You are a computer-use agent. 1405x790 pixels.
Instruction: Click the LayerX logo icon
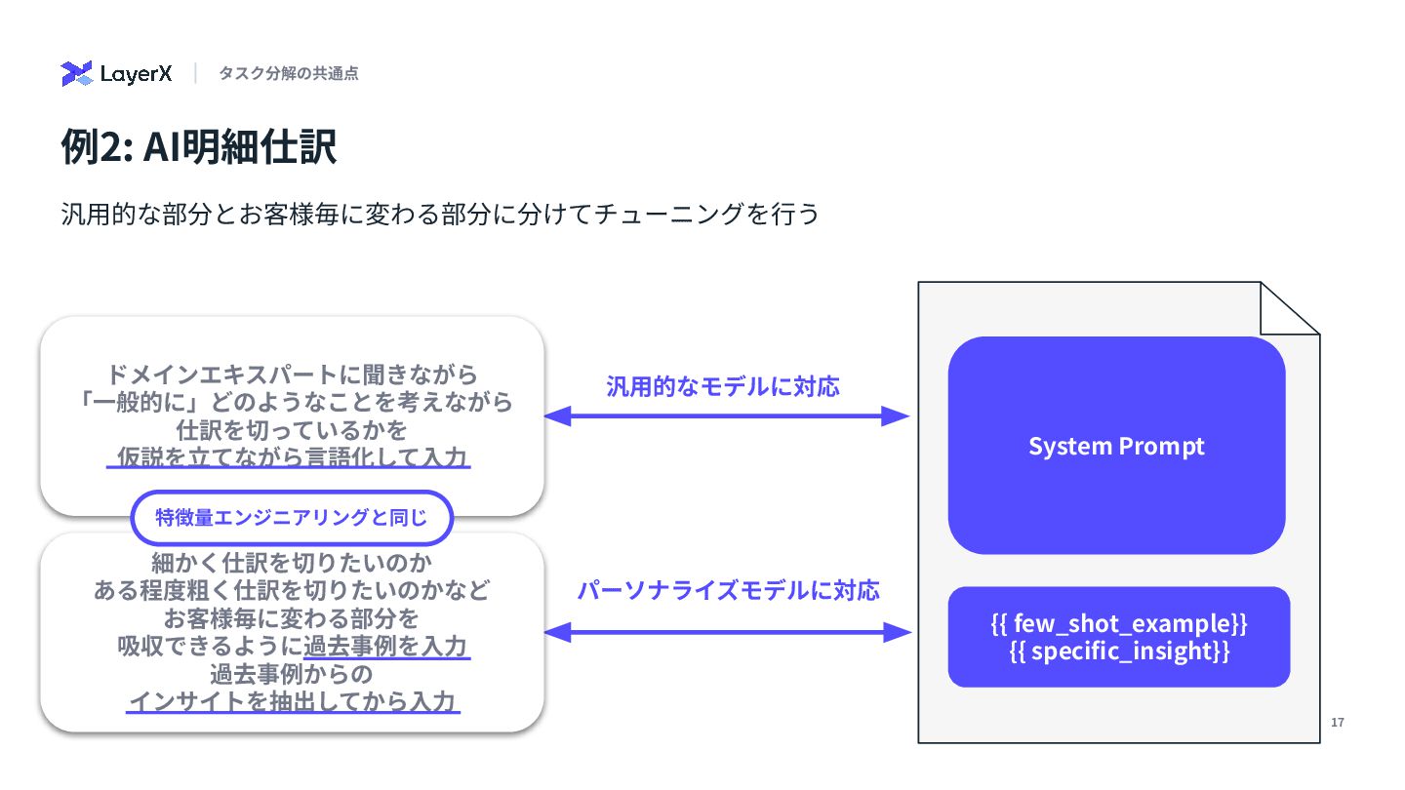(76, 74)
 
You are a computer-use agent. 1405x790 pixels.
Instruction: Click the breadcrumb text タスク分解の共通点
(288, 73)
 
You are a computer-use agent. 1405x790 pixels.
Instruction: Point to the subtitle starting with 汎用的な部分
(439, 214)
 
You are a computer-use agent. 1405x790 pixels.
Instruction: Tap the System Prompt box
(1116, 446)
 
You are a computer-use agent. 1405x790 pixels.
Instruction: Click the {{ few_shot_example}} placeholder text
(1119, 623)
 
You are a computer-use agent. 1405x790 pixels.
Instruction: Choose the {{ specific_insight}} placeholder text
(1119, 652)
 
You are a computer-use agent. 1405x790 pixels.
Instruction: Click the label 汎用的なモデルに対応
(723, 386)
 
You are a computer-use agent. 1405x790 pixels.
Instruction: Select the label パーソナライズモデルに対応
(728, 590)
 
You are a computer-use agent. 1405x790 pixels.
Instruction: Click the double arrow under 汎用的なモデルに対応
(726, 416)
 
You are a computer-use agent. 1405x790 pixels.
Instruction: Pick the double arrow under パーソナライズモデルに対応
(726, 633)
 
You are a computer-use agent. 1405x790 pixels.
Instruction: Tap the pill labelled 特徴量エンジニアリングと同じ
(292, 518)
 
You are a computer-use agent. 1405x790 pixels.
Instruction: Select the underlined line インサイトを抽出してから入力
(293, 701)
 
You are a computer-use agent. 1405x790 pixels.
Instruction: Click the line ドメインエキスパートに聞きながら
(291, 375)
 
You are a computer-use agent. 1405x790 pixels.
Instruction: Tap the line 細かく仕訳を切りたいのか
(291, 563)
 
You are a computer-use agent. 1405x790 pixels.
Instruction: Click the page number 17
(1338, 723)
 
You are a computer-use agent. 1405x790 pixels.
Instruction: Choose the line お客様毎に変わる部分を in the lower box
(291, 618)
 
